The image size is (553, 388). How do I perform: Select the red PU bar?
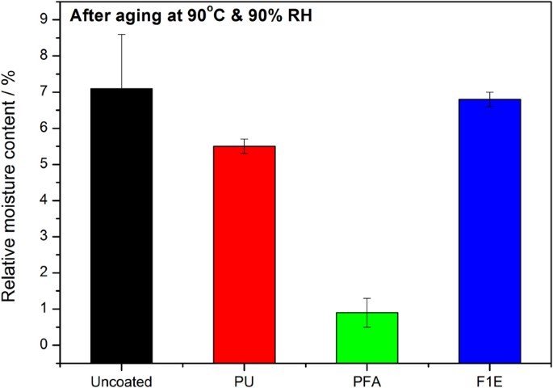tap(245, 254)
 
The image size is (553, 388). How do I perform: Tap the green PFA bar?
tap(367, 337)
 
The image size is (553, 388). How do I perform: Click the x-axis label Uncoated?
tap(122, 377)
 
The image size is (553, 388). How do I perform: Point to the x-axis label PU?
tap(245, 377)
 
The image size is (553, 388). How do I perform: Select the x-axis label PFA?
tap(367, 377)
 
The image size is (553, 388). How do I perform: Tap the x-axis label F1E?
tap(489, 377)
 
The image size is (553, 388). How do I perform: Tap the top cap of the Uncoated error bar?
tap(122, 35)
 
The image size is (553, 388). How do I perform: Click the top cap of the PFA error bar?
tap(367, 298)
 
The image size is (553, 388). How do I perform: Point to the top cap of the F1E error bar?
tap(489, 92)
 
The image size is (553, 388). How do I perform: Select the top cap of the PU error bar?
tap(245, 139)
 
